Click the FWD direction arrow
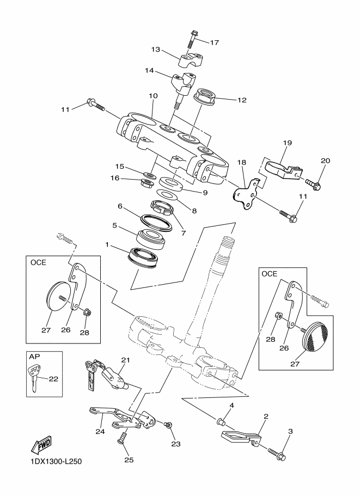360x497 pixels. (41, 445)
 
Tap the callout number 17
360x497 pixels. (215, 42)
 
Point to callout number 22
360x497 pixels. (53, 378)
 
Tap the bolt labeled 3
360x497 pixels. (277, 454)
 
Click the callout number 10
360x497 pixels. (153, 96)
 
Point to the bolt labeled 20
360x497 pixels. (313, 183)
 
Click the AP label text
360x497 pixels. (33, 356)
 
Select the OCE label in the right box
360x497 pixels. (269, 273)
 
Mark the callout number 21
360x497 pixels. (126, 360)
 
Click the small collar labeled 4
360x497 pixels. (222, 422)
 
